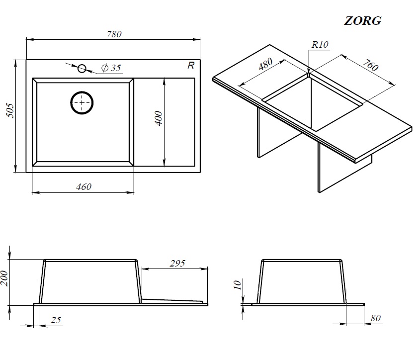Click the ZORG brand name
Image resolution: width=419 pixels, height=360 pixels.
pyautogui.click(x=363, y=21)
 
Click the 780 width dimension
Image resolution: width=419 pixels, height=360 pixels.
pyautogui.click(x=114, y=34)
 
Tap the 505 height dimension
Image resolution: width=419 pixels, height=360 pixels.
pyautogui.click(x=10, y=110)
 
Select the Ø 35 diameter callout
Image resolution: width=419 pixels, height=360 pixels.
pyautogui.click(x=111, y=68)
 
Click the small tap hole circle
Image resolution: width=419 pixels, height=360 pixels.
pyautogui.click(x=82, y=69)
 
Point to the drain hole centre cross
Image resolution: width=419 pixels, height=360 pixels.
pyautogui.click(x=82, y=103)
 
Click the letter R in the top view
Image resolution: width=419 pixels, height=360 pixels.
pyautogui.click(x=191, y=66)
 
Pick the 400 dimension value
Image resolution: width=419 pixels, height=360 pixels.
pyautogui.click(x=159, y=118)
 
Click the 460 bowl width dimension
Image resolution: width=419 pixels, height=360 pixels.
pyautogui.click(x=84, y=186)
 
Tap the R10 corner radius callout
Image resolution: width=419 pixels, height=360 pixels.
pyautogui.click(x=320, y=44)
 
